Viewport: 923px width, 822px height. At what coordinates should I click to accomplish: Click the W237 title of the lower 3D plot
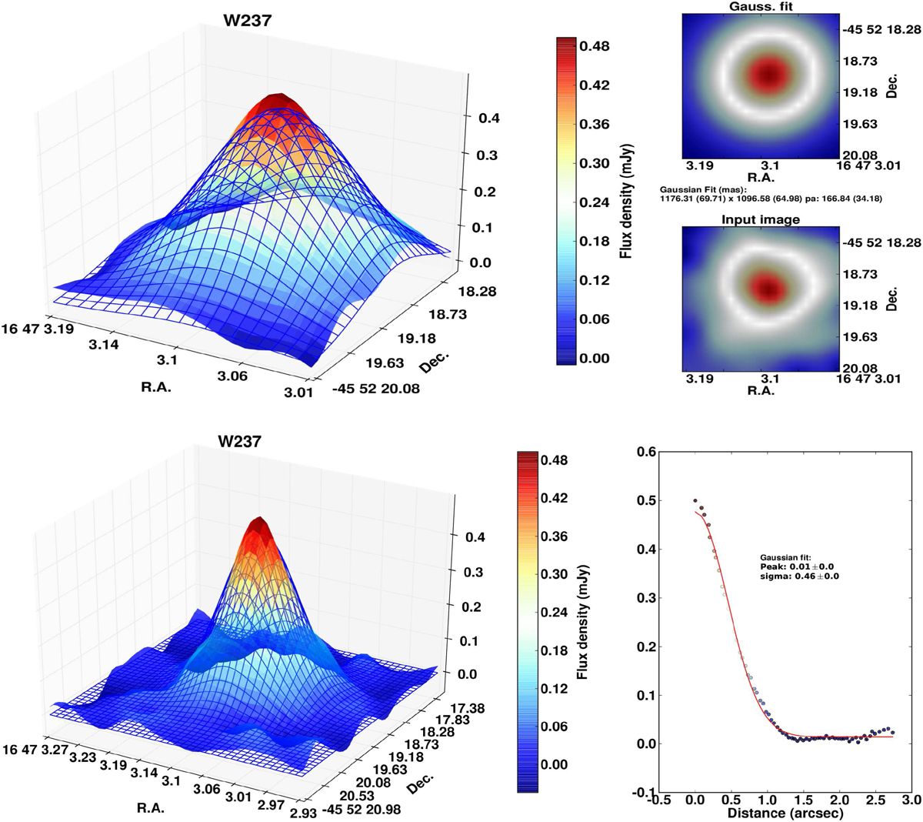coord(238,442)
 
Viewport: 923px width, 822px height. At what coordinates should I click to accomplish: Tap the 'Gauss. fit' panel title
coord(760,6)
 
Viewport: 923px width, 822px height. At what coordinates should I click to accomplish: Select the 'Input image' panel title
coord(760,219)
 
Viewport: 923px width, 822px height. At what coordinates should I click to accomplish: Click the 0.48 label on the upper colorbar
coord(595,46)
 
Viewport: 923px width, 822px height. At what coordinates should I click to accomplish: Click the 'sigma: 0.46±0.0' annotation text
coord(798,576)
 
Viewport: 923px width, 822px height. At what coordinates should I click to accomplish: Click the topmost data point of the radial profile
coord(695,501)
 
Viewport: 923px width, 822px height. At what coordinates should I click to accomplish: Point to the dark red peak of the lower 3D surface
coord(259,524)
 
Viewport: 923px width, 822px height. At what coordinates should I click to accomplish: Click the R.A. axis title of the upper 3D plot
coord(156,387)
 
